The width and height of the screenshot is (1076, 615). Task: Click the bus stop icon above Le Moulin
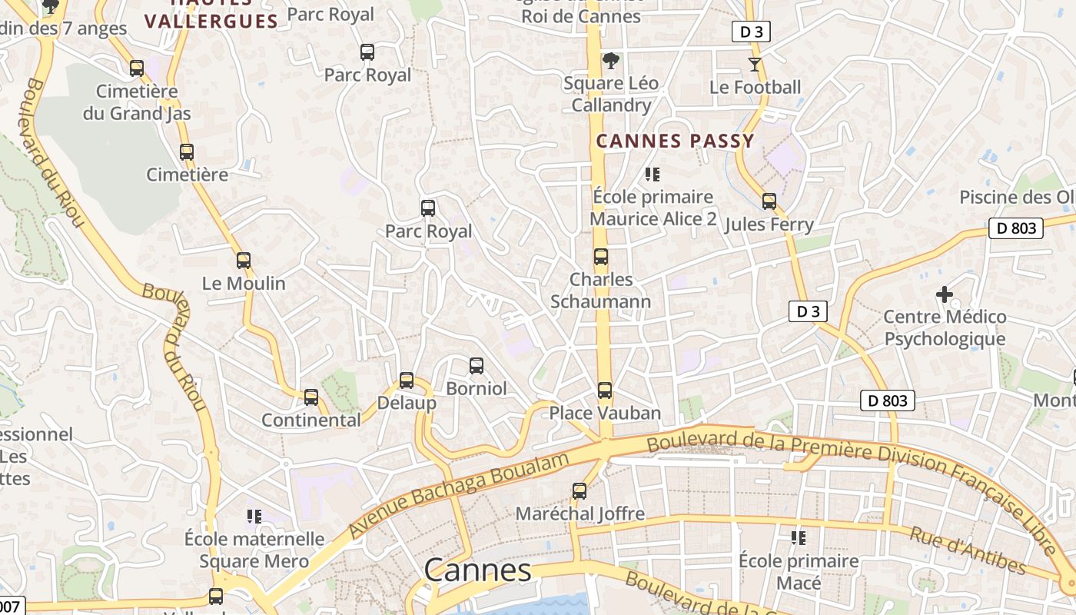[244, 261]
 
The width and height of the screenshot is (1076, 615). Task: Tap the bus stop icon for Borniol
[477, 366]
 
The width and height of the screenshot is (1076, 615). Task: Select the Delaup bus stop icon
[407, 381]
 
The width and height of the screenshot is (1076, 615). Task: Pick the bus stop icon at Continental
[311, 397]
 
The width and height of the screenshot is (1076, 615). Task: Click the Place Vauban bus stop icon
[605, 391]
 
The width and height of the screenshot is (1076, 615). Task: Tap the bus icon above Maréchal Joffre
[580, 490]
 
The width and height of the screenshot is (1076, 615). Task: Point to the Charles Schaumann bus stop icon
[601, 257]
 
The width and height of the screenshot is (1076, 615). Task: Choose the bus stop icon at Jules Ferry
[769, 201]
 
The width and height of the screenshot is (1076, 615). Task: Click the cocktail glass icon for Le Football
[755, 65]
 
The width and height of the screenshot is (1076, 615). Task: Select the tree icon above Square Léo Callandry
[611, 60]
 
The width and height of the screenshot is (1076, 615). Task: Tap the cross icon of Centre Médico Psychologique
[945, 294]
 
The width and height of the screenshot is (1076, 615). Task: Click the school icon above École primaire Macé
[799, 538]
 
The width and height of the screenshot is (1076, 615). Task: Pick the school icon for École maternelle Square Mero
[254, 516]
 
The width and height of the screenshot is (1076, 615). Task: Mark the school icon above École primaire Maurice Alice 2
[653, 175]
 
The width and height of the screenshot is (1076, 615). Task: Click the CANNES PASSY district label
[675, 141]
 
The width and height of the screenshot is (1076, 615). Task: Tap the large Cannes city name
[477, 570]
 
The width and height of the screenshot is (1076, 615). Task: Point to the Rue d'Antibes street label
[968, 550]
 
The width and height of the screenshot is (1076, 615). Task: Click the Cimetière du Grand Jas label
[137, 102]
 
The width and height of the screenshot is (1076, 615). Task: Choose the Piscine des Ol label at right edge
[1017, 198]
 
